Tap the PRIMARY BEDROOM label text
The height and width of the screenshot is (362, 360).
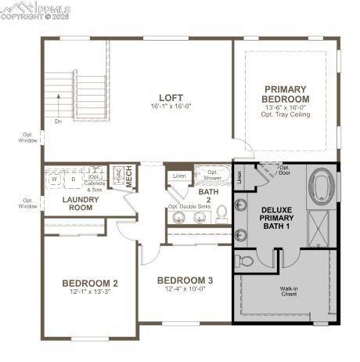[286, 94]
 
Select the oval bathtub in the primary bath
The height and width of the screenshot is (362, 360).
[322, 189]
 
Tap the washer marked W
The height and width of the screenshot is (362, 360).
[55, 179]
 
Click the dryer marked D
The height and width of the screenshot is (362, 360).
[74, 179]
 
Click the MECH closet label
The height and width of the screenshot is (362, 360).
[128, 177]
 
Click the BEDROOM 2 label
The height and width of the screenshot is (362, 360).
[91, 283]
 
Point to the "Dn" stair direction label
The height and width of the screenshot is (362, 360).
[57, 121]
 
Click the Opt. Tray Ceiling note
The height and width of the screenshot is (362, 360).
[286, 114]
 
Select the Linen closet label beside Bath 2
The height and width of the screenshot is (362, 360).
[179, 176]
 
